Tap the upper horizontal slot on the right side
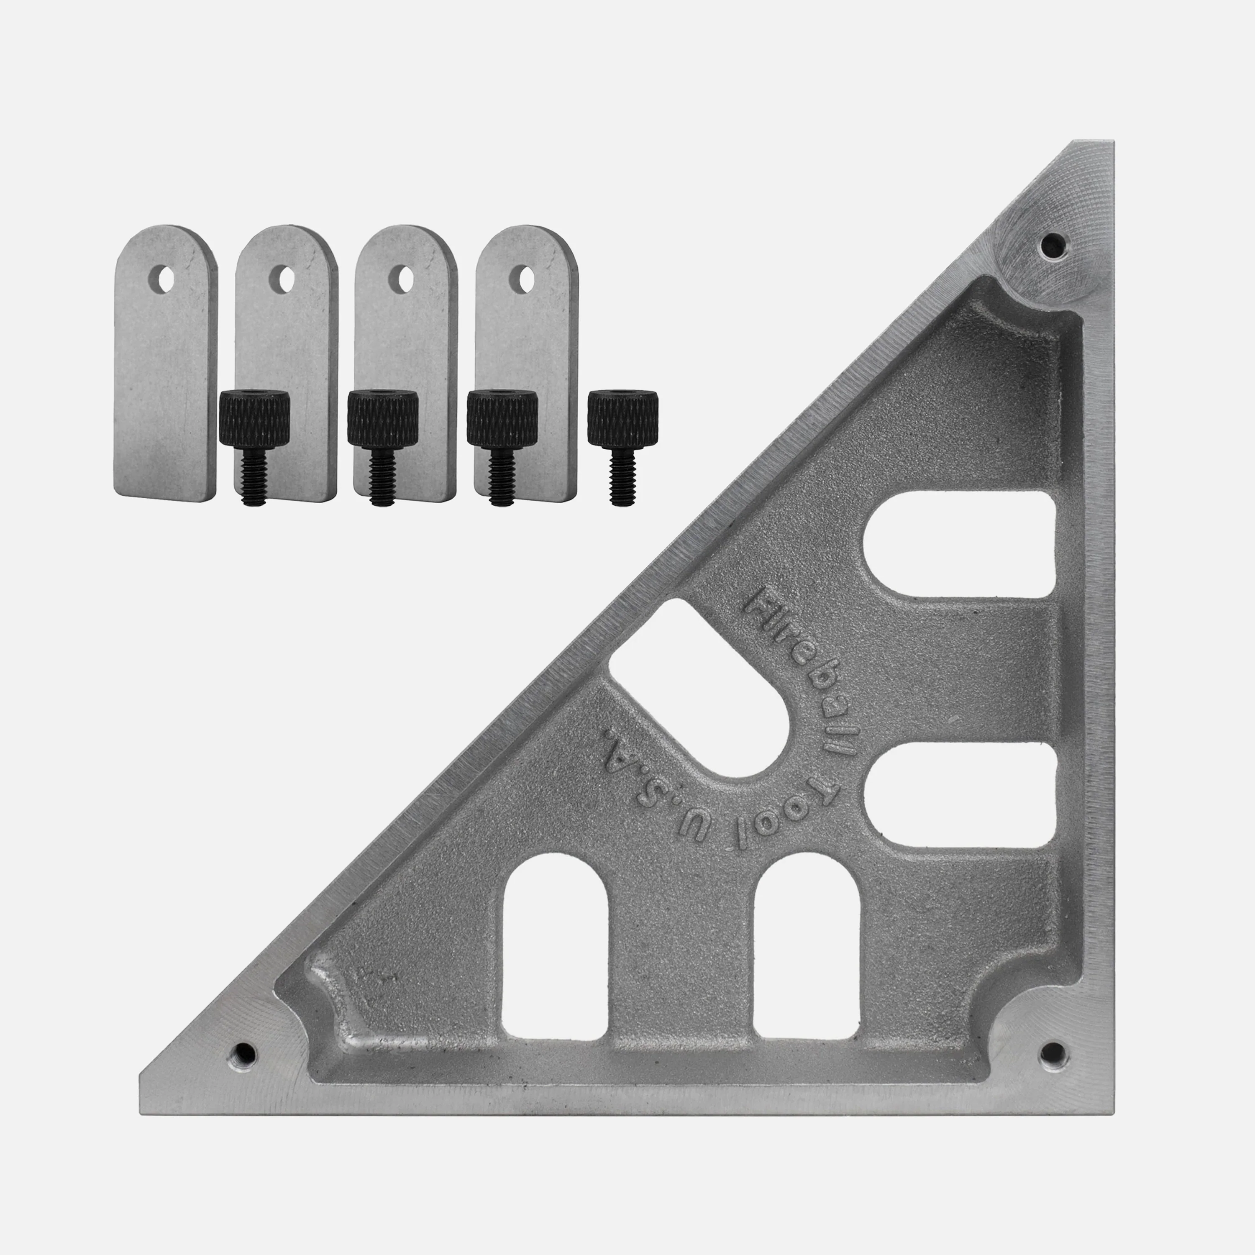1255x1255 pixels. coord(958,544)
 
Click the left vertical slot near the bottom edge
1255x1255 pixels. coord(556,955)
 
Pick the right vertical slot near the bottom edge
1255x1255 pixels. coord(807,955)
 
